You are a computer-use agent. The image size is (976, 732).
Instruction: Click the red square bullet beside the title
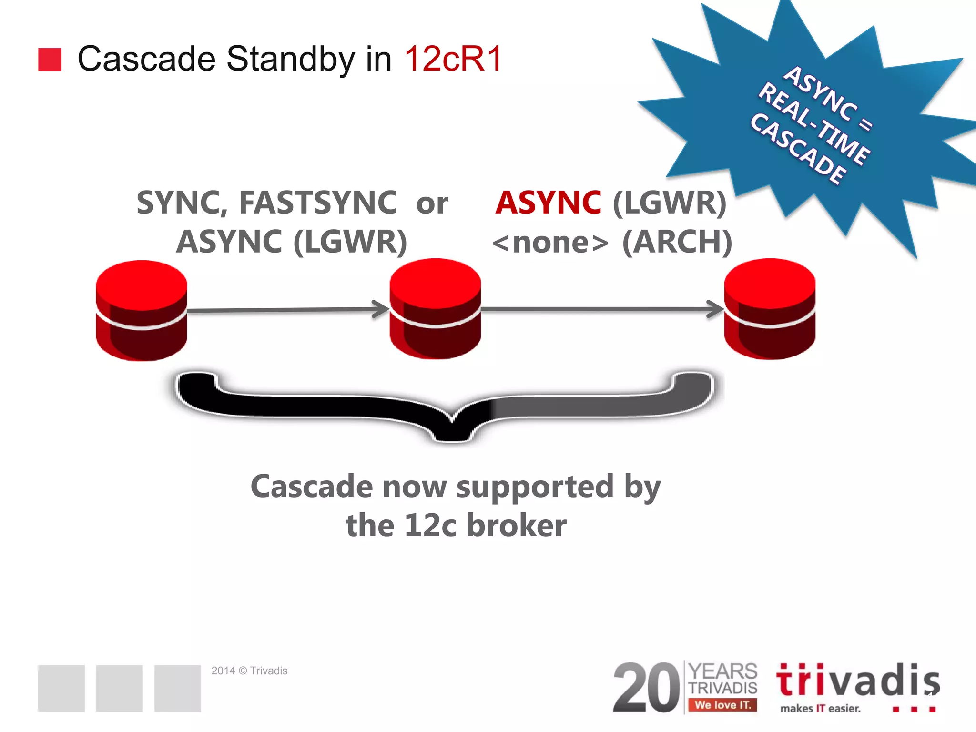click(50, 60)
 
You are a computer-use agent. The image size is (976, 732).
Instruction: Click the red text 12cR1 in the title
click(453, 59)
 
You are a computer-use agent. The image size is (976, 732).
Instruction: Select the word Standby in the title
click(290, 59)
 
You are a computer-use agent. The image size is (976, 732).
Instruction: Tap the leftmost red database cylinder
click(142, 310)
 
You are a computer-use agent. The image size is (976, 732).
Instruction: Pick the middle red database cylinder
click(435, 308)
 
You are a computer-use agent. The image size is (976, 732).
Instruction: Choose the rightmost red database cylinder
click(770, 308)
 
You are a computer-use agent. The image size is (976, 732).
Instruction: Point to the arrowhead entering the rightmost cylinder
click(716, 309)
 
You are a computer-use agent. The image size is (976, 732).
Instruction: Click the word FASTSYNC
click(318, 203)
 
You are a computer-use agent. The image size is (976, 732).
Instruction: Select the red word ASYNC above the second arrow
click(548, 203)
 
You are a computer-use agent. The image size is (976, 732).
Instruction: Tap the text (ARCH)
click(677, 242)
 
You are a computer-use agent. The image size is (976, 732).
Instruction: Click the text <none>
click(550, 242)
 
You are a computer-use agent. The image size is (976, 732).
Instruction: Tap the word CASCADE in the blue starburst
click(799, 149)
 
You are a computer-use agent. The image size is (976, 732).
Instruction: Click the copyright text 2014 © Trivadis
click(249, 671)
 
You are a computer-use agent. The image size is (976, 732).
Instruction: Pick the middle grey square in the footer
click(119, 688)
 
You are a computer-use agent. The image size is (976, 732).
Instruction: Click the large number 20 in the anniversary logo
click(647, 688)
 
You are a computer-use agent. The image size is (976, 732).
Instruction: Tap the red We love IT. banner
click(722, 705)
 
